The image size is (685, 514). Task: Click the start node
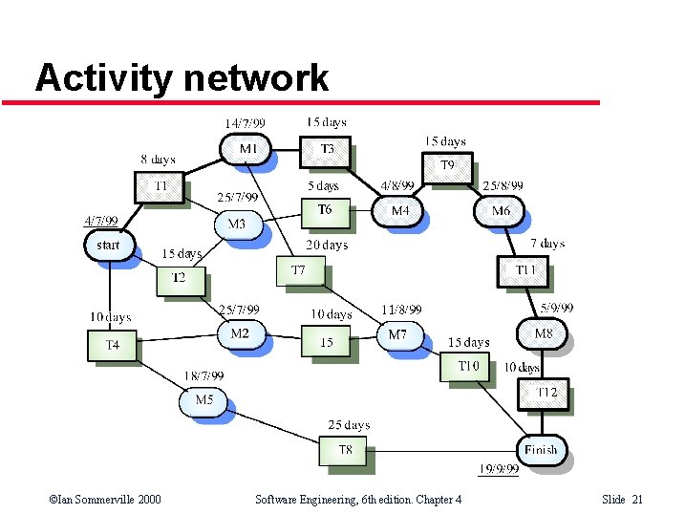(x=109, y=246)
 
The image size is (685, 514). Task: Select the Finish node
(x=541, y=449)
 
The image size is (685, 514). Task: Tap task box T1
(x=160, y=185)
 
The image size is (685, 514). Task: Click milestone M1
(x=246, y=149)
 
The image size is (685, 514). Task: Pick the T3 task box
(x=326, y=150)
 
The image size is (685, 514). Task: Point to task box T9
(x=447, y=166)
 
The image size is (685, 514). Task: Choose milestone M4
(x=399, y=210)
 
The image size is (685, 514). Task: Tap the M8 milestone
(x=542, y=333)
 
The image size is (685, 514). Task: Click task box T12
(x=545, y=393)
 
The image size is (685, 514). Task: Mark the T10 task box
(x=467, y=366)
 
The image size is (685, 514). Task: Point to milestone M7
(x=398, y=335)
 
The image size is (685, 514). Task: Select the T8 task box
(x=344, y=450)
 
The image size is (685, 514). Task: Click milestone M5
(x=203, y=400)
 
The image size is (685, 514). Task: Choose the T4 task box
(x=113, y=345)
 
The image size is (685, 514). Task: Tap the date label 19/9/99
(x=498, y=468)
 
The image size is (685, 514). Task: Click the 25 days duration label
(x=349, y=424)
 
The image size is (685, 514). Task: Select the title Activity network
(x=182, y=78)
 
